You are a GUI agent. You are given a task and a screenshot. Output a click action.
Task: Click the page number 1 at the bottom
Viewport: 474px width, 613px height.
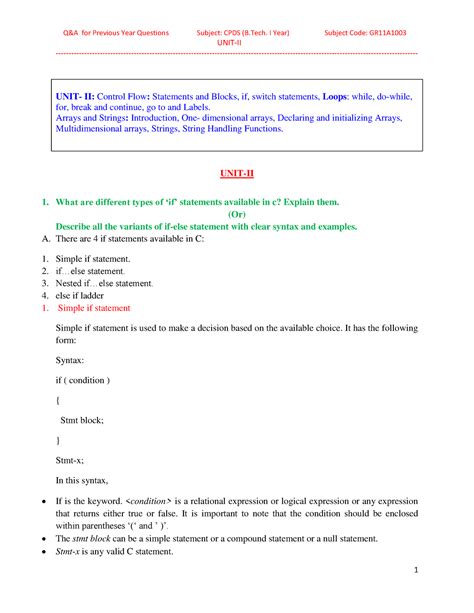(441, 571)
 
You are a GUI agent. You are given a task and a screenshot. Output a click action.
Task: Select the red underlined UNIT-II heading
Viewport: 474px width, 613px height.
(237, 174)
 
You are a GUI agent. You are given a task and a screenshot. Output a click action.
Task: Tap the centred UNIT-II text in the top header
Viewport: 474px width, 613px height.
(237, 43)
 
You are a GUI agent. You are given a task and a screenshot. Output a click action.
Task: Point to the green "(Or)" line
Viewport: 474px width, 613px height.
(237, 215)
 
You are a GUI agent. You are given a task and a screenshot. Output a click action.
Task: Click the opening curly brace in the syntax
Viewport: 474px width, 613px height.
(59, 400)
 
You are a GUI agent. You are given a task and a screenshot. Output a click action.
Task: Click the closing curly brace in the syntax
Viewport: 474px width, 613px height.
(59, 440)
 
